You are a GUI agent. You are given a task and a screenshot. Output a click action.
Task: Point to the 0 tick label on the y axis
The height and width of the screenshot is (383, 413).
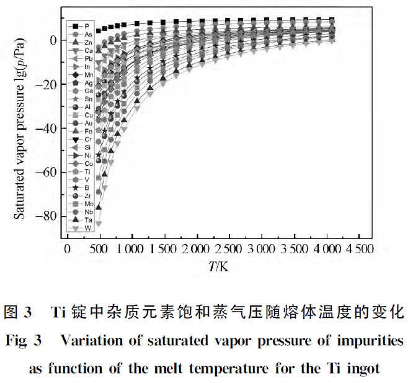tap(55, 40)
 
